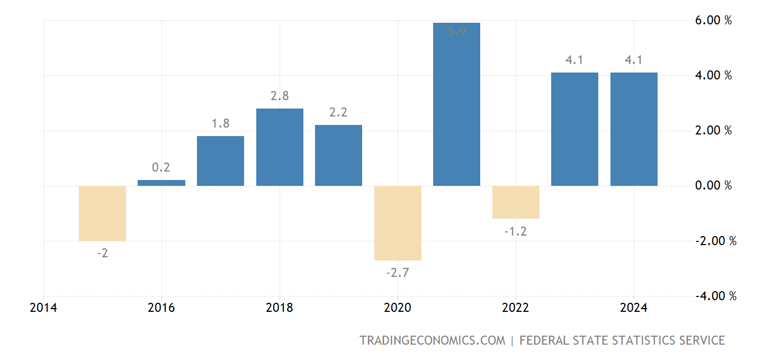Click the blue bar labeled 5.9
[456, 106]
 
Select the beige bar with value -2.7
[398, 223]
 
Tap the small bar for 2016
[161, 183]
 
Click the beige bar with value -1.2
[516, 202]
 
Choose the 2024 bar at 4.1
[634, 129]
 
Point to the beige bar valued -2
[102, 213]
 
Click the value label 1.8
[220, 124]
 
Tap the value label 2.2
[338, 113]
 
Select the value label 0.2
[161, 168]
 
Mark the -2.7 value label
[397, 273]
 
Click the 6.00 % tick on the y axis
[713, 21]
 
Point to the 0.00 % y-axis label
[713, 186]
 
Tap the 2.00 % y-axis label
[713, 131]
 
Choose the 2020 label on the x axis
[398, 308]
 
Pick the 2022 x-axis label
[516, 308]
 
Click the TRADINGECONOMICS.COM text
[432, 340]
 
